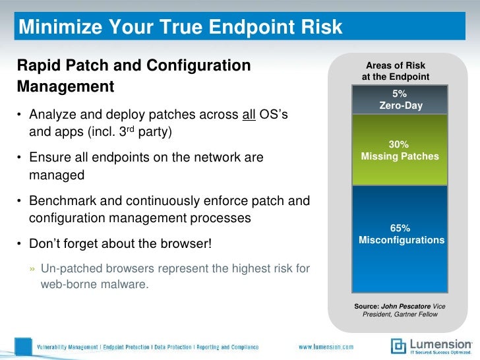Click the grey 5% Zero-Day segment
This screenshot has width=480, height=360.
401,99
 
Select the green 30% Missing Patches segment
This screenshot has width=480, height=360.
401,150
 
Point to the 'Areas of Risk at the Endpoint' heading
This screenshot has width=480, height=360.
396,71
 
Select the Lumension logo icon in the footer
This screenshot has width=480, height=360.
398,345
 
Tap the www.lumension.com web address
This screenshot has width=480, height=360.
326,346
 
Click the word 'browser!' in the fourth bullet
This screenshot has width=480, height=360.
188,244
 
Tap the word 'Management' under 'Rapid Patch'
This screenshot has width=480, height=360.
65,87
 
